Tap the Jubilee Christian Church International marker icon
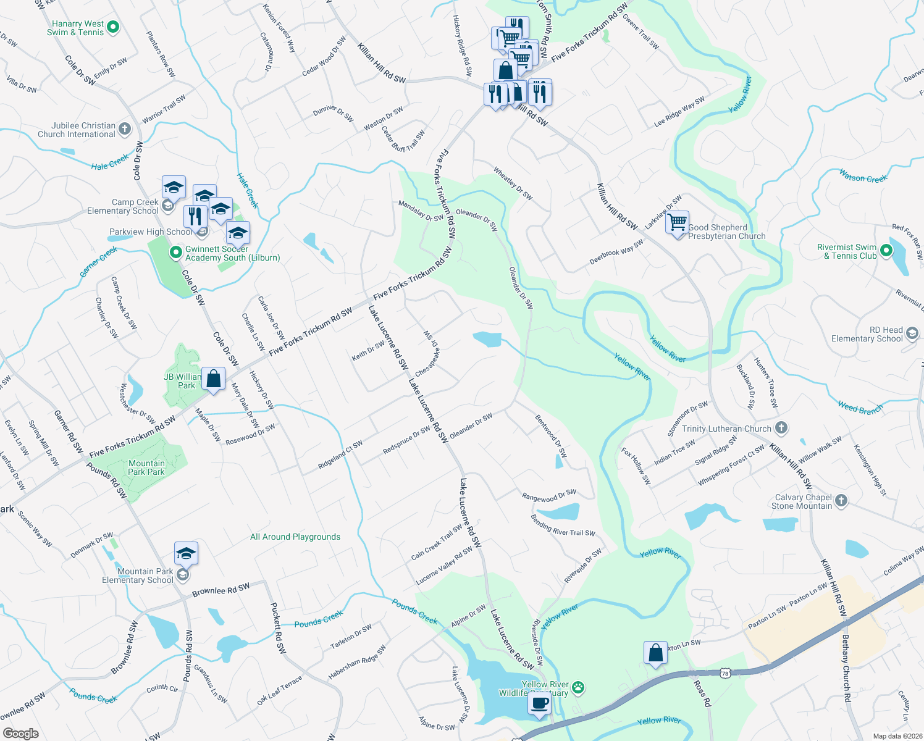click(x=125, y=129)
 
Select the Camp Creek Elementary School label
click(x=123, y=206)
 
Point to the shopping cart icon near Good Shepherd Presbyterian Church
click(x=678, y=221)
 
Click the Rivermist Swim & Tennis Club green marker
click(x=886, y=251)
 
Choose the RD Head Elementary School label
click(x=867, y=334)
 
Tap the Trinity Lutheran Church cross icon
click(x=781, y=427)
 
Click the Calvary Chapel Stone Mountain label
click(x=803, y=501)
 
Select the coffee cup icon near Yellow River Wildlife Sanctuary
click(x=539, y=703)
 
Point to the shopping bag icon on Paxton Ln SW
click(x=655, y=652)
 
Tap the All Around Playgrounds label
click(x=295, y=537)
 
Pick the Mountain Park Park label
click(x=146, y=467)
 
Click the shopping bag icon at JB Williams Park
click(x=213, y=378)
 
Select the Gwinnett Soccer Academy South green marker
click(x=175, y=253)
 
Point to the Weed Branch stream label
click(x=860, y=408)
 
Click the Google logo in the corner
click(x=20, y=733)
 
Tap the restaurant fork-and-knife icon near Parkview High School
click(x=195, y=216)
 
